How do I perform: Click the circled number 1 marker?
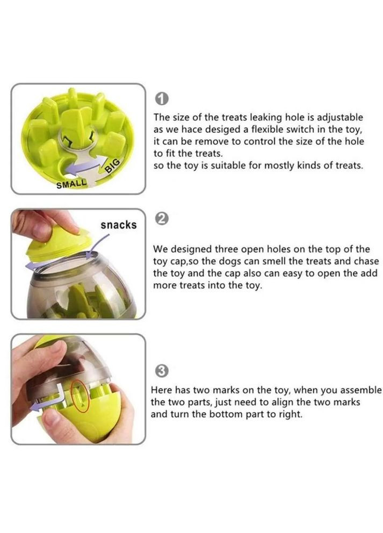tap(162, 99)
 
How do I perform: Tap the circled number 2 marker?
tap(162, 219)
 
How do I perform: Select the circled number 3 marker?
tap(162, 371)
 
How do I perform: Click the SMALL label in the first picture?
tap(71, 184)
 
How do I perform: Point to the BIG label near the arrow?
tap(112, 165)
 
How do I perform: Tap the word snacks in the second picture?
tap(118, 225)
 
